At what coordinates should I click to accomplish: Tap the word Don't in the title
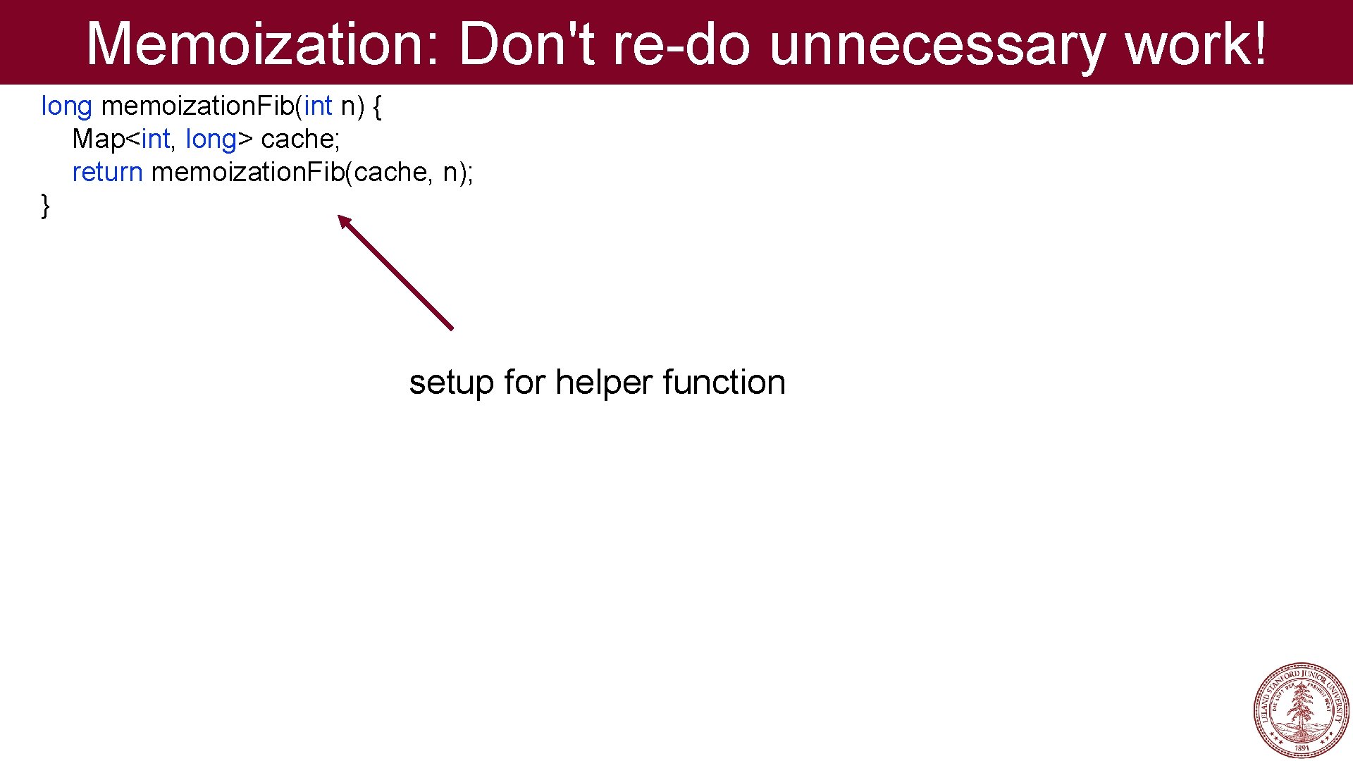click(x=527, y=44)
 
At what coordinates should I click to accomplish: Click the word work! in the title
click(x=1196, y=44)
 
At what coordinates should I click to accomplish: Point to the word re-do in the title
click(x=681, y=44)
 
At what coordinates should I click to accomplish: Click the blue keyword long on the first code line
click(x=66, y=106)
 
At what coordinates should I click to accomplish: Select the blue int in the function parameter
click(x=318, y=106)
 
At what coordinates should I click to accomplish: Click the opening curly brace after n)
click(x=377, y=107)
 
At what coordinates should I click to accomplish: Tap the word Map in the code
click(x=99, y=140)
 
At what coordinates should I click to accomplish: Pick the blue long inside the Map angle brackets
click(x=211, y=140)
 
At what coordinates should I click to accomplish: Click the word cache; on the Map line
click(x=300, y=140)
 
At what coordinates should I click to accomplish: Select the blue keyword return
click(x=107, y=173)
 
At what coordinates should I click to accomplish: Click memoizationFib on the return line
click(x=247, y=173)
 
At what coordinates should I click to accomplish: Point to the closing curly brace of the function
click(x=46, y=206)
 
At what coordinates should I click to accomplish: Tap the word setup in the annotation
click(x=451, y=383)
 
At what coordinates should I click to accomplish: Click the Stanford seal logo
click(x=1301, y=710)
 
